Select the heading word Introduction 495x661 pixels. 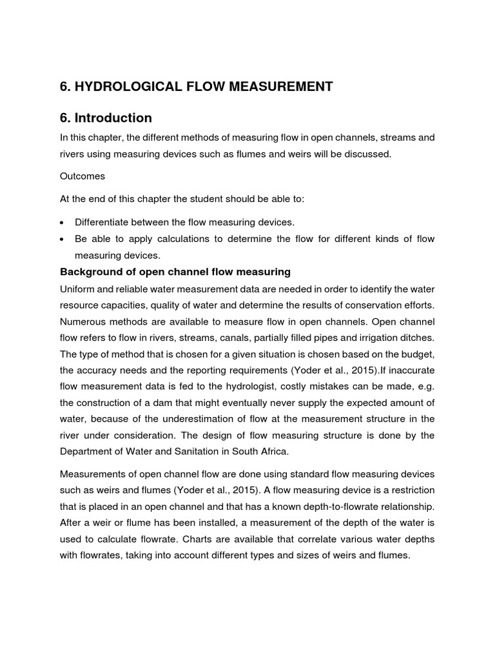(113, 118)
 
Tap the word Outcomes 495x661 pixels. (82, 176)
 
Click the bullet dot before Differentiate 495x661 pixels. (62, 222)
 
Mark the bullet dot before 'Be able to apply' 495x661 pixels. (62, 239)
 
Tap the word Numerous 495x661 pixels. (82, 321)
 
